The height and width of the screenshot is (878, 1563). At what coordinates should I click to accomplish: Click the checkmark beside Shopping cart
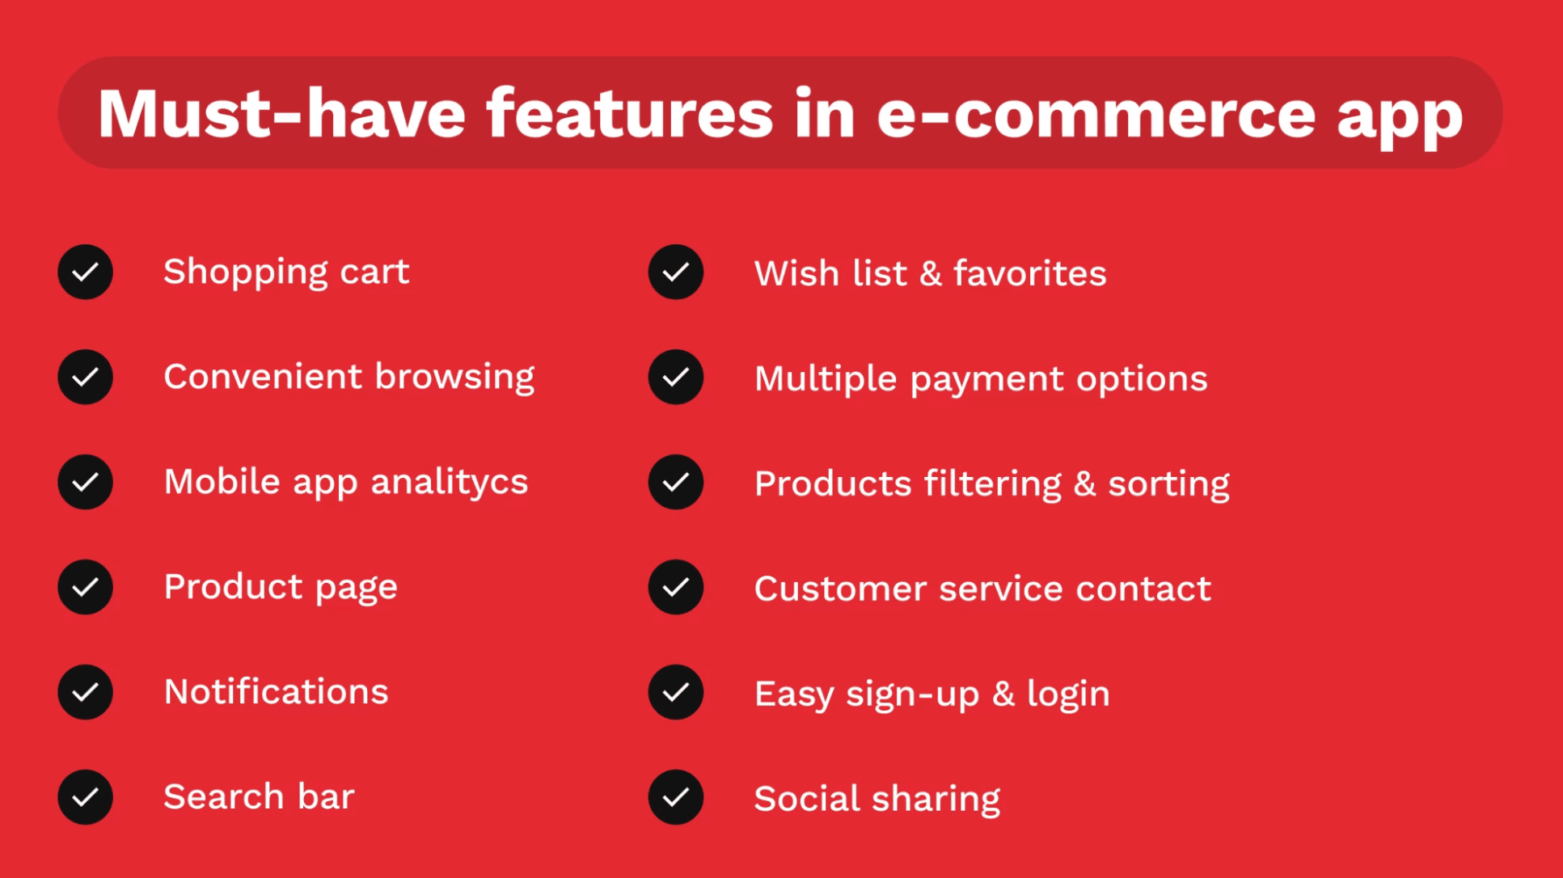(85, 272)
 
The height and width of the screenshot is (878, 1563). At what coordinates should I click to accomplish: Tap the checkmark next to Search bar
(85, 797)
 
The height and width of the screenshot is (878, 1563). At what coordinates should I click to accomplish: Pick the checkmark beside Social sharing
(675, 797)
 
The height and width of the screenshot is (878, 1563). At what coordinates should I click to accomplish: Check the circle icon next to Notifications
(85, 692)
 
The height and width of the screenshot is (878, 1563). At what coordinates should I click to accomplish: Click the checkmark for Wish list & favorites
(675, 272)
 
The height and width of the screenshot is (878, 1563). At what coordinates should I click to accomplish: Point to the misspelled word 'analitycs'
(449, 483)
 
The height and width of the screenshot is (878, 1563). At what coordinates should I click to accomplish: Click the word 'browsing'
(454, 378)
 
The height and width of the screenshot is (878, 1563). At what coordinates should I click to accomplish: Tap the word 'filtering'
(992, 483)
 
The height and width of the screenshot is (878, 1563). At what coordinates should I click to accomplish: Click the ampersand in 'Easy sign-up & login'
(1003, 694)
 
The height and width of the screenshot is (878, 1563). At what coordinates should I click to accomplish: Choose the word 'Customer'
(840, 589)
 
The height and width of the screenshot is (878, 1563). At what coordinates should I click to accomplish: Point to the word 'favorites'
(1029, 273)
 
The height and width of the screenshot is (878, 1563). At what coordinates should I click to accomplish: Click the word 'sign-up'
(912, 694)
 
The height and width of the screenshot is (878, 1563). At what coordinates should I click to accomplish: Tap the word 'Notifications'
(276, 692)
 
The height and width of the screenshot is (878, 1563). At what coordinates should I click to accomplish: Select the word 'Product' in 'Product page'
(233, 587)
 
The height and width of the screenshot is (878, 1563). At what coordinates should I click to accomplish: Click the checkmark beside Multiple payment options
(675, 377)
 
